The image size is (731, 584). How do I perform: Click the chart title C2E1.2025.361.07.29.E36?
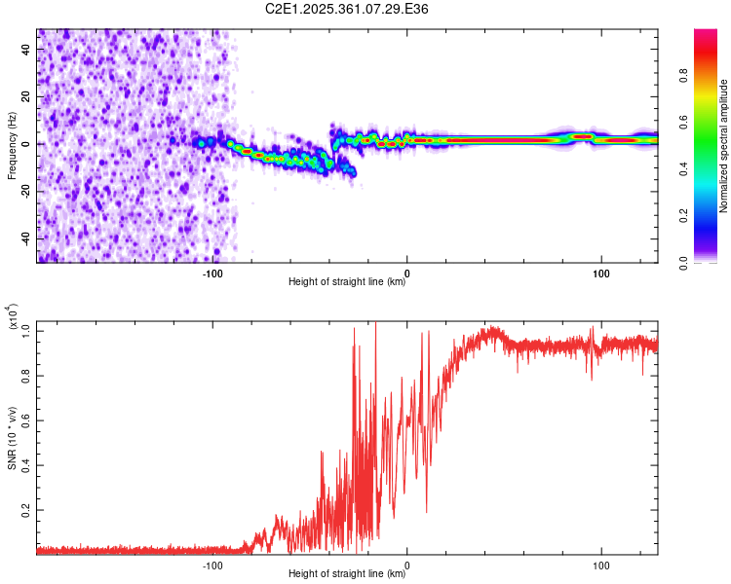coord(348,9)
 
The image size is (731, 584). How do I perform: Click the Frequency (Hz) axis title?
coord(12,146)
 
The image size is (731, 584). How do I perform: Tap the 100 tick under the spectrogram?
coord(601,273)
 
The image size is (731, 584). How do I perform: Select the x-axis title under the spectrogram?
coord(348,283)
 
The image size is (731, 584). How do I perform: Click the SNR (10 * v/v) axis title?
coord(12,433)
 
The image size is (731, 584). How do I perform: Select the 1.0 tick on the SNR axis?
coord(24,331)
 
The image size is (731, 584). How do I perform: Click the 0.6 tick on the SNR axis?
coord(24,420)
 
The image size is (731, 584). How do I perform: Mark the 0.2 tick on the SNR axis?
coord(24,509)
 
